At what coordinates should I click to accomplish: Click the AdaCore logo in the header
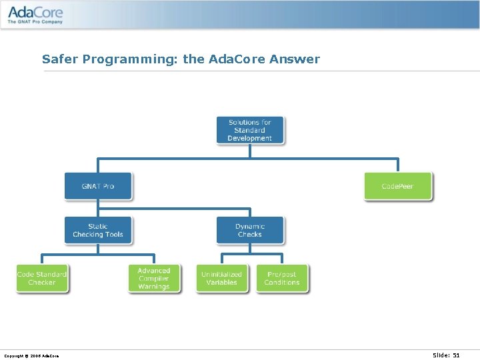coord(35,12)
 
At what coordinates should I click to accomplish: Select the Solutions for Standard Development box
coord(250,130)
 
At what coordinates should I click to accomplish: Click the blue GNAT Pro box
coord(98,186)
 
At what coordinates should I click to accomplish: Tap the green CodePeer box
coord(398,186)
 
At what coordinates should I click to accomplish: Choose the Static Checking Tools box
coord(98,230)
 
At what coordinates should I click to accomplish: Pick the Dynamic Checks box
coord(250,230)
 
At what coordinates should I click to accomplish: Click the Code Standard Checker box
coord(42,279)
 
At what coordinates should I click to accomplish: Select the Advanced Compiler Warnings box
coord(154,279)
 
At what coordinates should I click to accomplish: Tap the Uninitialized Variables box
coord(222,279)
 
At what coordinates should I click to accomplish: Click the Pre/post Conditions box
coord(282,279)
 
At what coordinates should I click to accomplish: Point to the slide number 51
coord(456,355)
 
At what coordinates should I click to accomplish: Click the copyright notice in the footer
coord(31,356)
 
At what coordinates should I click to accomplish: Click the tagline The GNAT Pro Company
coord(35,22)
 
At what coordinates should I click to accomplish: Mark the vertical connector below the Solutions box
coord(250,151)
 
